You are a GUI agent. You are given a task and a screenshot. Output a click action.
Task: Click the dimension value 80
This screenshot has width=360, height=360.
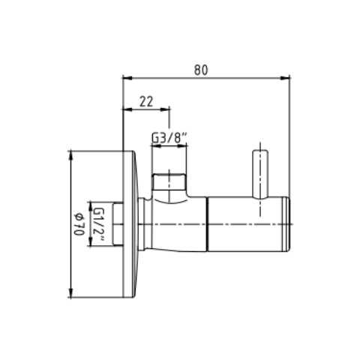coord(201,70)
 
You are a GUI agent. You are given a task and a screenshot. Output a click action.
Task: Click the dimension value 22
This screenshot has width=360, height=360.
coord(146,102)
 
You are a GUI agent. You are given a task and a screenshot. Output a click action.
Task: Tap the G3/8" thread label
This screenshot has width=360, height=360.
coord(169,137)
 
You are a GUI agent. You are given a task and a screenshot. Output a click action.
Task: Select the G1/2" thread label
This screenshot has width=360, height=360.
coord(97,224)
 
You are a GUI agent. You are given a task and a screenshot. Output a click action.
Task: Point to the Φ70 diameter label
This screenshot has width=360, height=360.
coord(79,224)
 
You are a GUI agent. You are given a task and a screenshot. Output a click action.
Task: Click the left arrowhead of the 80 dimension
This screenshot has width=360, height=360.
coord(127,78)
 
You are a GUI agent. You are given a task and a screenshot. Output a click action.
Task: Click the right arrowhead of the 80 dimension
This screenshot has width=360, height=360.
coord(286,78)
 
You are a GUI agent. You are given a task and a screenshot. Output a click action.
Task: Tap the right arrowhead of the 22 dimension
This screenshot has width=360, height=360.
coord(165,109)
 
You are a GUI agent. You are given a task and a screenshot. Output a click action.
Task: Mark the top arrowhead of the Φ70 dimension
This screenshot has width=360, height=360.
coord(71,155)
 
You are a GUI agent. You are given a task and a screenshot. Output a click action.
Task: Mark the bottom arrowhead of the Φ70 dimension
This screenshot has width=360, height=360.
coord(71,293)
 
